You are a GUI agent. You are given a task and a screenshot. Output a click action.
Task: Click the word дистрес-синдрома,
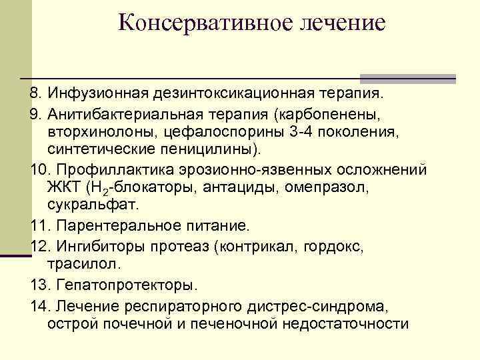point(327,306)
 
